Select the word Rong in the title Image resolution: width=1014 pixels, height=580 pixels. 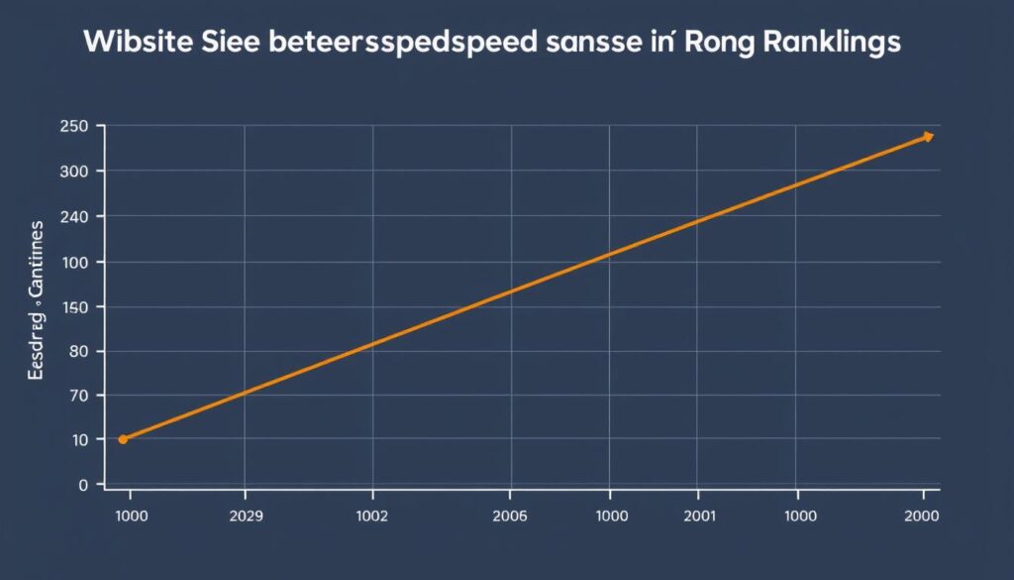[712, 45]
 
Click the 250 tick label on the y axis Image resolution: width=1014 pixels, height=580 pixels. [75, 127]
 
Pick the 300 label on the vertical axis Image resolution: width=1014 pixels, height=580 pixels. [75, 172]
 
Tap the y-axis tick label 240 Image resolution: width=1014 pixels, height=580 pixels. [75, 216]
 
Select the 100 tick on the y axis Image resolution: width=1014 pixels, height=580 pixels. [75, 262]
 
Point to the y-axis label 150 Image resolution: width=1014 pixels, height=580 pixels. [75, 307]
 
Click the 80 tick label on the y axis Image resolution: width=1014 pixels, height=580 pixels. [79, 351]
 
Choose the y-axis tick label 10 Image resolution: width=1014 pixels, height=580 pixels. [80, 439]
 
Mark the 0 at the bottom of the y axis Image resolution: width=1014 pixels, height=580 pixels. [84, 484]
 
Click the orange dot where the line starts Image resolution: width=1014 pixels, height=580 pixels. [123, 439]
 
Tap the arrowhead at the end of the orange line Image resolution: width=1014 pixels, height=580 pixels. [928, 137]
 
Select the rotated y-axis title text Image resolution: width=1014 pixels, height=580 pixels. [37, 302]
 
